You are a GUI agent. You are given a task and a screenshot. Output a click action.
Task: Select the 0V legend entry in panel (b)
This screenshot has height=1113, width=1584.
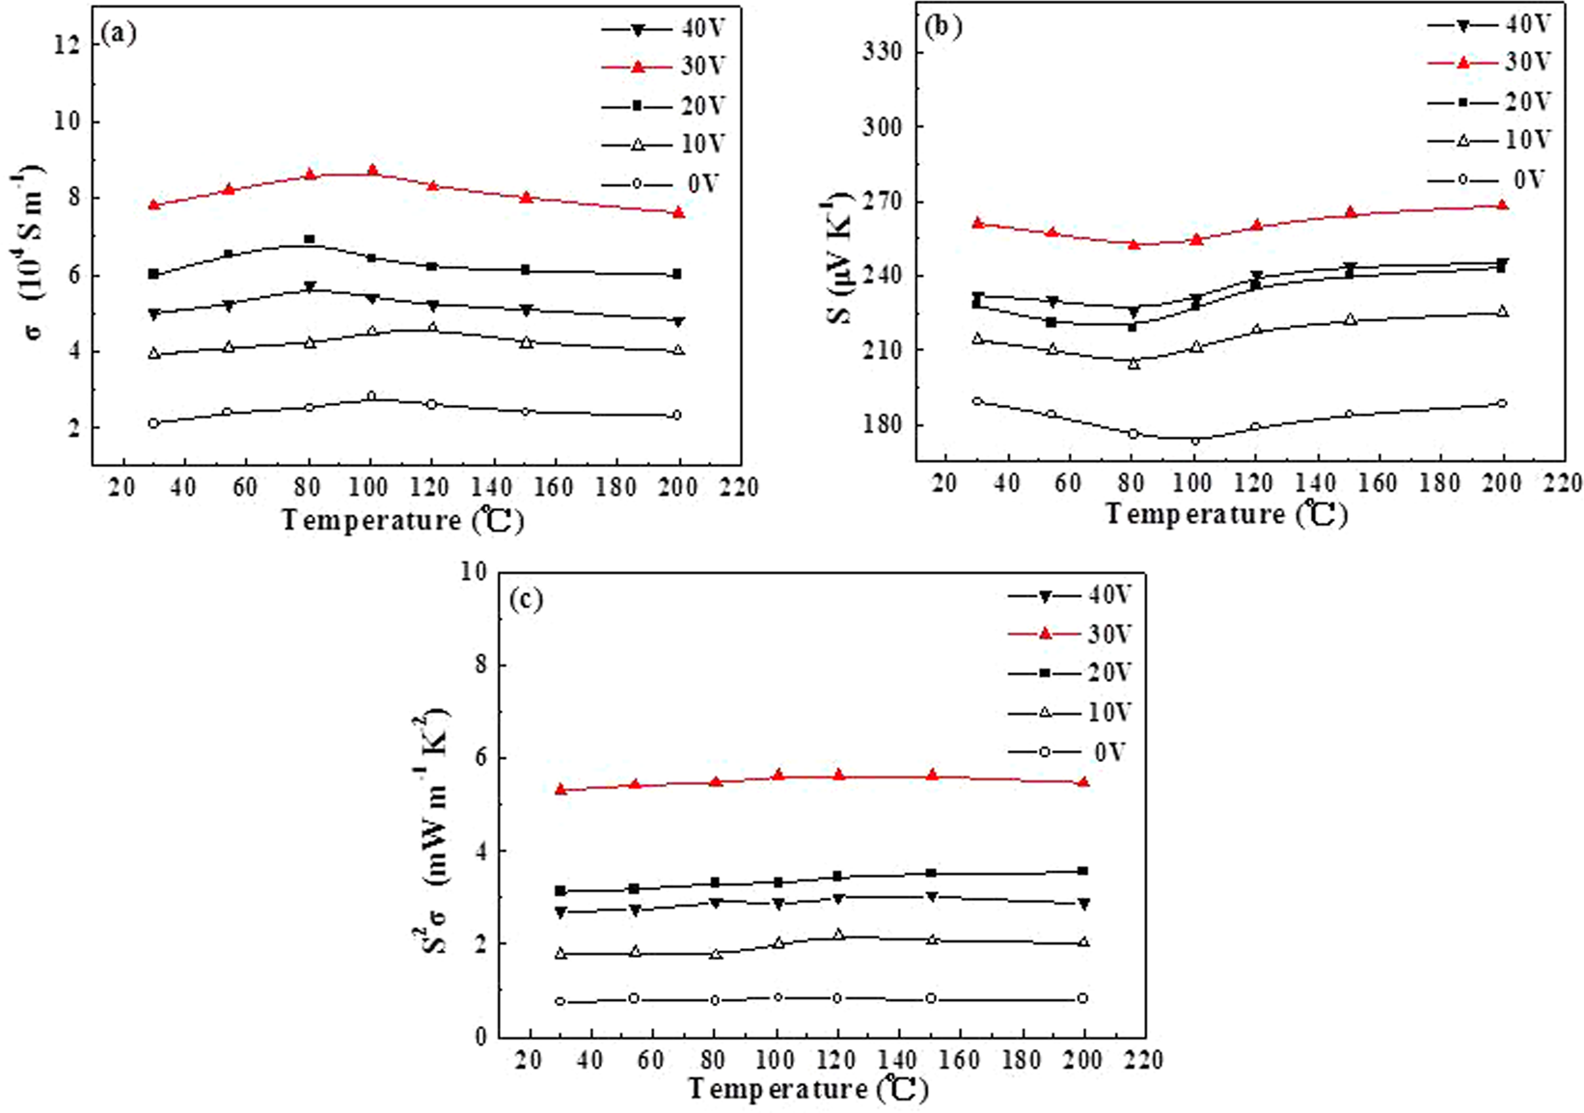tap(1489, 179)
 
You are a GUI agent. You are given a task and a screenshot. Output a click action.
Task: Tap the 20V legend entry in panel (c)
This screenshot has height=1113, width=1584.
tap(1071, 672)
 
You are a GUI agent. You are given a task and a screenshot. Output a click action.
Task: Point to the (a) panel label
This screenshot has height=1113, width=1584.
tap(119, 34)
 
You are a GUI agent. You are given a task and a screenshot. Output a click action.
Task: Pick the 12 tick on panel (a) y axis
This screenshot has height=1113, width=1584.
tap(68, 44)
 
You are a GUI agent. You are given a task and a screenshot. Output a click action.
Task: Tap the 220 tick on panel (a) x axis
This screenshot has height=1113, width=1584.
tap(740, 487)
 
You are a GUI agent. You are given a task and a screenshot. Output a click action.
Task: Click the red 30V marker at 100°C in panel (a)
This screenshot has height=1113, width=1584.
tap(371, 171)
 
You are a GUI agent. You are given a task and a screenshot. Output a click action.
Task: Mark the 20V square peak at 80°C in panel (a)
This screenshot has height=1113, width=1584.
tap(309, 238)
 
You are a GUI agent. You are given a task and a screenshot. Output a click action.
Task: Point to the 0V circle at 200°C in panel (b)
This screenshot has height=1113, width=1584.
tap(1502, 403)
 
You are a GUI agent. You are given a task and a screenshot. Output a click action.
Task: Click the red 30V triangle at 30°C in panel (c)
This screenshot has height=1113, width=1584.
tap(560, 789)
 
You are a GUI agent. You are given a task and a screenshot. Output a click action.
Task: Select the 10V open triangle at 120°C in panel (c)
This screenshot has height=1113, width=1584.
tap(838, 934)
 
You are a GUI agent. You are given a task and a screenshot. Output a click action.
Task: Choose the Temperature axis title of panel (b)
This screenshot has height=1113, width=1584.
tap(1225, 514)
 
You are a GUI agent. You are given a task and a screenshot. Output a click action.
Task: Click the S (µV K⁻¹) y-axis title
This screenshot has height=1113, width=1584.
tap(841, 258)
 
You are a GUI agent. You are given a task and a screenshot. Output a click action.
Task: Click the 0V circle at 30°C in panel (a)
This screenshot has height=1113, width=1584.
tap(153, 422)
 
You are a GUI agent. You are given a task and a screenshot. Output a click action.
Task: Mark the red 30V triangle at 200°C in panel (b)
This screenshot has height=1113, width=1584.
tap(1502, 204)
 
